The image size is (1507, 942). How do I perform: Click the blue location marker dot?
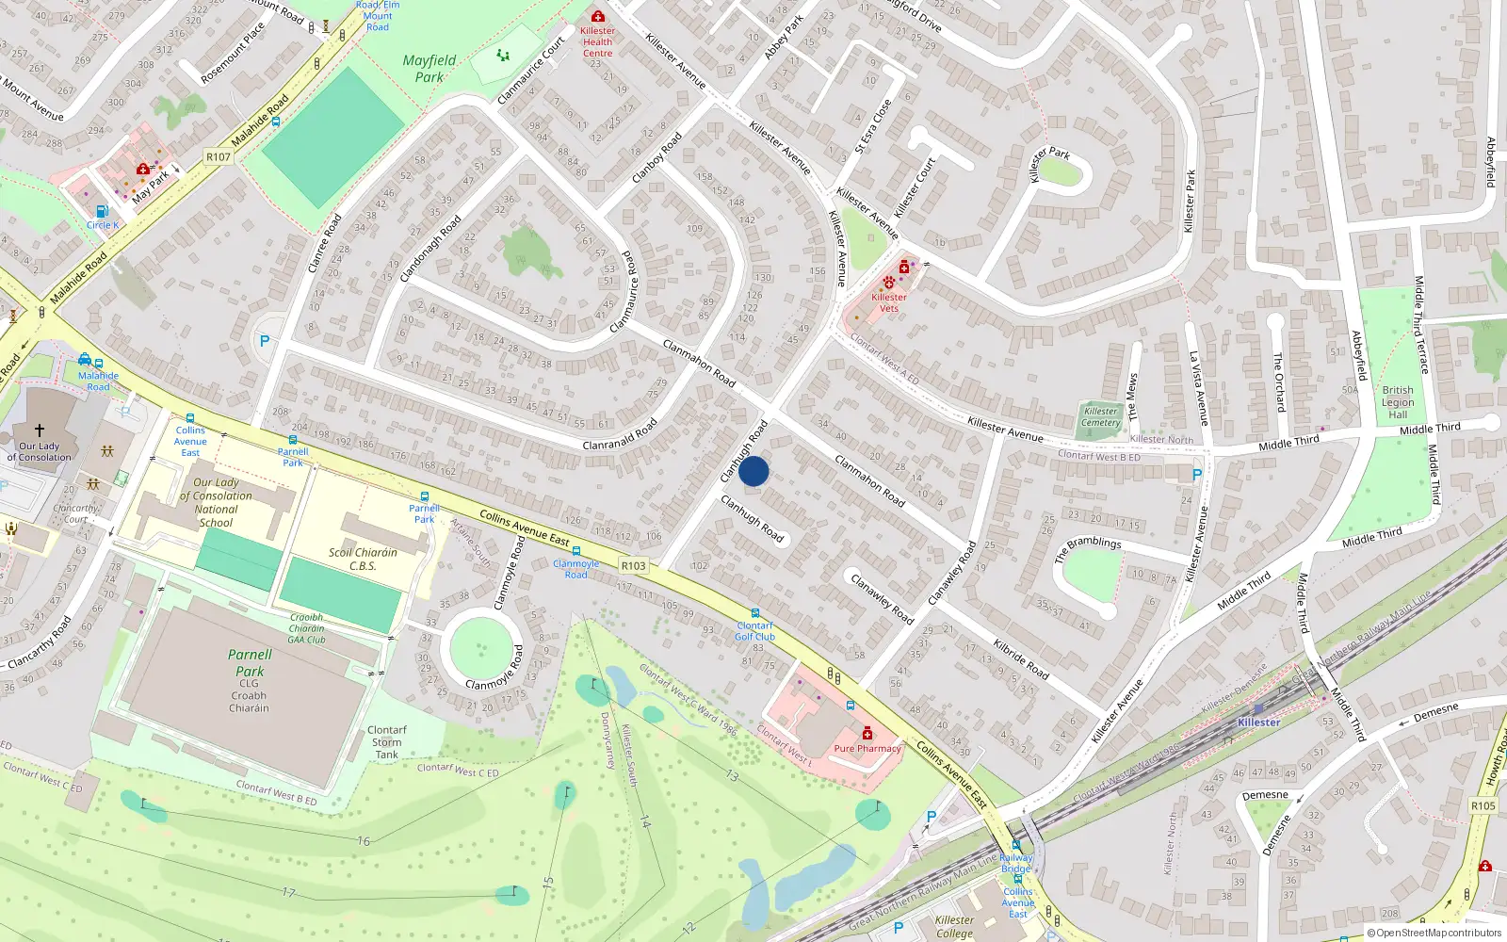753,471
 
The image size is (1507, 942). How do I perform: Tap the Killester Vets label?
888,302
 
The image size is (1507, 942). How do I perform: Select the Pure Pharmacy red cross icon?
867,734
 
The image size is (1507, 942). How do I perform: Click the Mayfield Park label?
429,69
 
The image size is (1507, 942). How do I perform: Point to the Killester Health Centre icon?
597,17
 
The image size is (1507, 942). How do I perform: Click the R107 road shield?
219,157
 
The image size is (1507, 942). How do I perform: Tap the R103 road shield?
634,565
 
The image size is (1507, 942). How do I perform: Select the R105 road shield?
1483,805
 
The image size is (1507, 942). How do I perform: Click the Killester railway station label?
1258,723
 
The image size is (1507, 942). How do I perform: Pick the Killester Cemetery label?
1100,416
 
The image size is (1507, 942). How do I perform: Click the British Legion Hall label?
1398,402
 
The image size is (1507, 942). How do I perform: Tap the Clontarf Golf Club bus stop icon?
755,613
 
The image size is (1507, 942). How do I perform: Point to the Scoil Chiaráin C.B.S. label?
363,560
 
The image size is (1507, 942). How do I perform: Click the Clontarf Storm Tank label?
386,742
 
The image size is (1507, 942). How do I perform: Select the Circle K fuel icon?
102,212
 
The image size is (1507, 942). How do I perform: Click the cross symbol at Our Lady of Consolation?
40,430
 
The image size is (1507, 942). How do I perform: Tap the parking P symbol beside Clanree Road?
265,341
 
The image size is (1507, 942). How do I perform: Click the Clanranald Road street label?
620,436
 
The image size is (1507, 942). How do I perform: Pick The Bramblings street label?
1088,548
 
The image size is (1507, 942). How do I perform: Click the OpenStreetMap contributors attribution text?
1434,933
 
